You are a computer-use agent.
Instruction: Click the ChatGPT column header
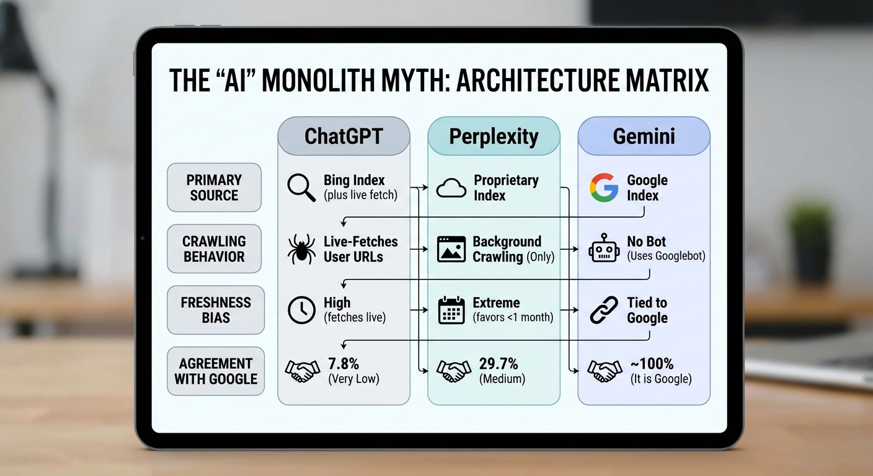click(x=343, y=136)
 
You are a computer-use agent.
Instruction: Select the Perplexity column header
click(x=494, y=136)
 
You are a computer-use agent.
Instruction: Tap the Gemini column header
click(x=644, y=136)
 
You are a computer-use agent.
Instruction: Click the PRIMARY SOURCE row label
click(x=214, y=187)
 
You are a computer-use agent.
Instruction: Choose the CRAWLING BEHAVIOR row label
click(x=214, y=249)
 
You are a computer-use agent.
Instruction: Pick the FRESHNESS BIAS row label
click(x=216, y=310)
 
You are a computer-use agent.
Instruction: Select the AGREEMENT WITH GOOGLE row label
click(x=216, y=371)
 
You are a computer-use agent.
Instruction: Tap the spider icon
click(x=302, y=249)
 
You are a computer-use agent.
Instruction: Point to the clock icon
click(x=302, y=310)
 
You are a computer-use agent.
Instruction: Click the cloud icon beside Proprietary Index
click(x=451, y=187)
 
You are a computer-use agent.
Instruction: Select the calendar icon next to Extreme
click(x=451, y=310)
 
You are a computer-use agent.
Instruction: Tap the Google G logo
click(x=603, y=187)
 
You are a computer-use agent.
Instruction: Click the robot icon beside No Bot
click(x=603, y=249)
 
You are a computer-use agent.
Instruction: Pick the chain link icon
click(x=603, y=310)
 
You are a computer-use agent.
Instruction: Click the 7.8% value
click(x=343, y=364)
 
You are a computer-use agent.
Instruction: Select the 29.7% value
click(x=499, y=364)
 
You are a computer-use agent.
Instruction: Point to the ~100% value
click(x=651, y=364)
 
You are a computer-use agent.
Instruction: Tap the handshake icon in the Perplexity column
click(x=453, y=371)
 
